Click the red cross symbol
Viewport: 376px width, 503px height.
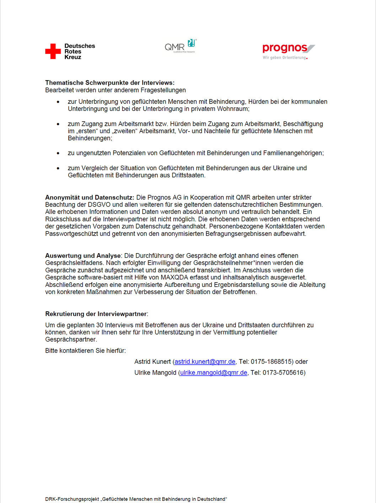point(53,51)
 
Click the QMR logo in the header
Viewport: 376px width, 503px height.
point(180,46)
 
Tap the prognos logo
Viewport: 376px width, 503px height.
point(288,48)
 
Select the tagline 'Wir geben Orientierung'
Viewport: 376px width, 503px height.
point(285,58)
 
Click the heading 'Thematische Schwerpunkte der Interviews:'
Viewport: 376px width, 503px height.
point(110,83)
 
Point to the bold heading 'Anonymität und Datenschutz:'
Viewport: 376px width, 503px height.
point(90,197)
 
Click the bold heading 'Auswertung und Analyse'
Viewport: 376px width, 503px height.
point(83,256)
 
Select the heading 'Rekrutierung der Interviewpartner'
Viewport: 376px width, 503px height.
point(96,314)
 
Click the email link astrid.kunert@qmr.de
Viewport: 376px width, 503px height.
point(205,362)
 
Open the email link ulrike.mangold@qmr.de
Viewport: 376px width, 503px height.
point(214,373)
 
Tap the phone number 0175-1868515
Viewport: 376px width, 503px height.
point(271,362)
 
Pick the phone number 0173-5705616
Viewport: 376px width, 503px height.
point(283,373)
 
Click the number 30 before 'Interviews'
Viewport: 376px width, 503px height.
point(100,325)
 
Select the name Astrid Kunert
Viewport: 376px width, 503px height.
point(152,362)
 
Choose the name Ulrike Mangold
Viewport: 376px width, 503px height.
point(155,373)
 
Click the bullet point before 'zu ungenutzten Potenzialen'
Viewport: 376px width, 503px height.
point(58,153)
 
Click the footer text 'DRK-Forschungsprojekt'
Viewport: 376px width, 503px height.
point(72,499)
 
